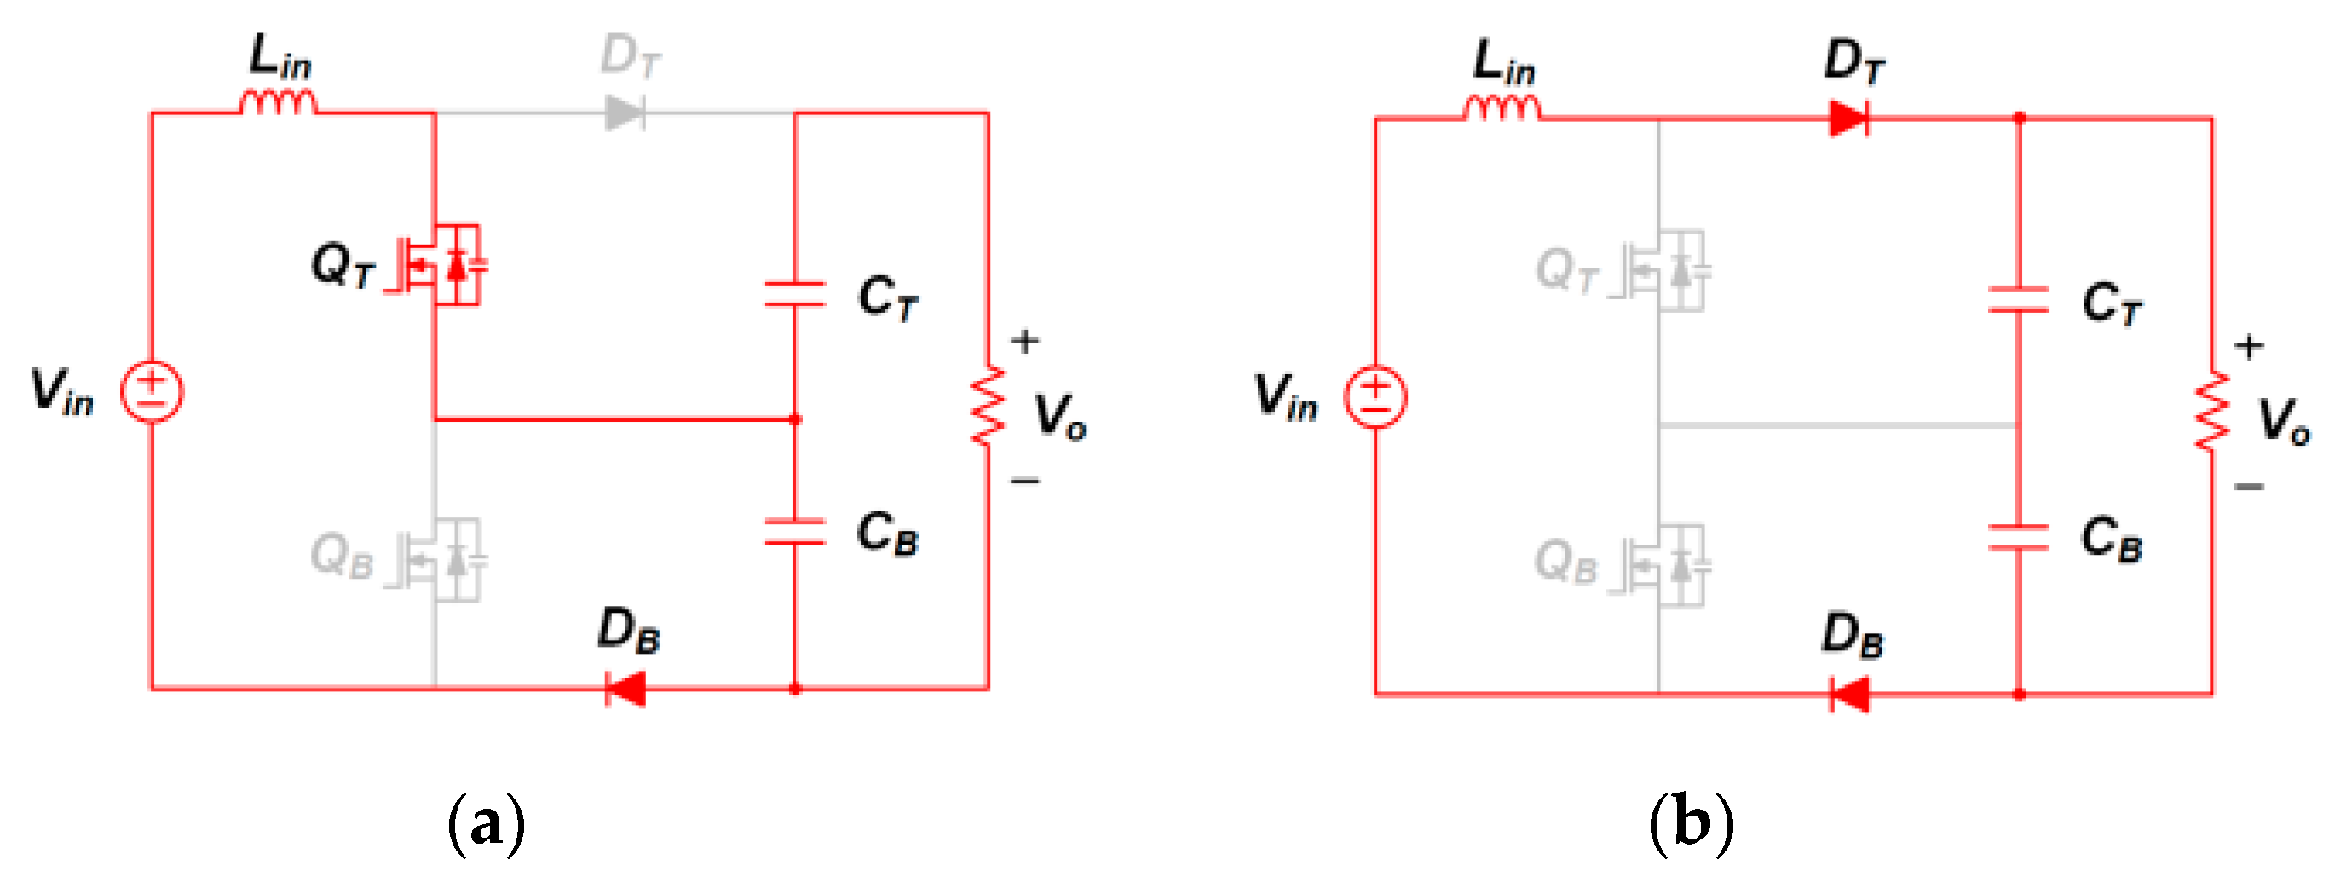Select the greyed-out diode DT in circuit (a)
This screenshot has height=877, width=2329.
click(x=625, y=114)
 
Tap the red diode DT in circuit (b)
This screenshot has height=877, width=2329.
click(x=1848, y=118)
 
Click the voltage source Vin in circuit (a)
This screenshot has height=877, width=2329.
click(x=152, y=392)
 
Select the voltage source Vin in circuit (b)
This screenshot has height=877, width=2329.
click(x=1375, y=397)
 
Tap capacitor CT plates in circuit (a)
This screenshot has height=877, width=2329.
click(x=795, y=295)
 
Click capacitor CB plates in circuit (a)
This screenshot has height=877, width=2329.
click(x=795, y=532)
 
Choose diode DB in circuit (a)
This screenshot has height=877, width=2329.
click(x=625, y=689)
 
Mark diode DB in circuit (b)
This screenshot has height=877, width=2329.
click(x=1849, y=695)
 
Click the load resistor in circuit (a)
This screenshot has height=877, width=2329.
click(x=988, y=405)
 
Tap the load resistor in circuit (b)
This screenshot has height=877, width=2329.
click(x=2211, y=412)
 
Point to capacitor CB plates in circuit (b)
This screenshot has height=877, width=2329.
click(x=2018, y=537)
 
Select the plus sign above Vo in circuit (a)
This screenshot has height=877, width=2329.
click(x=1024, y=342)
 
